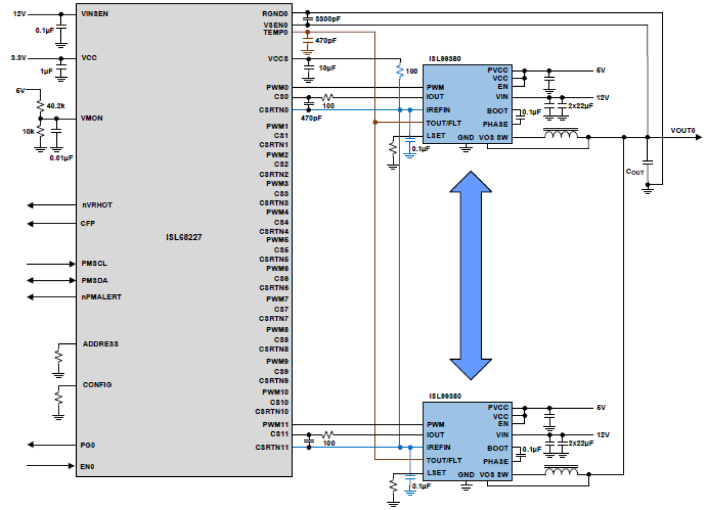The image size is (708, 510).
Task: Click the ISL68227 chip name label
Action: (x=180, y=238)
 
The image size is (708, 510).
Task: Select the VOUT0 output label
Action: (x=683, y=131)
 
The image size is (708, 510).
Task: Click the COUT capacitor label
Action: (x=635, y=171)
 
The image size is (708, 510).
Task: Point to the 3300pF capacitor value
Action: (x=328, y=19)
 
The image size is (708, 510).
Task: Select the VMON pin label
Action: (x=92, y=119)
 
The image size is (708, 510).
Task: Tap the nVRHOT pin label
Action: (x=97, y=205)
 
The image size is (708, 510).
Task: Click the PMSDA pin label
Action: (x=95, y=280)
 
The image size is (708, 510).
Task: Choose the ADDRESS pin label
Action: (x=100, y=344)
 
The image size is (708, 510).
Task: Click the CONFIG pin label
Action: (x=97, y=385)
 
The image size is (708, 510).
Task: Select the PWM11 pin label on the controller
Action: (x=275, y=424)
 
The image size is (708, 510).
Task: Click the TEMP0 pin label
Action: (x=275, y=33)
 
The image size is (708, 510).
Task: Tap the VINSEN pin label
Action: (x=95, y=14)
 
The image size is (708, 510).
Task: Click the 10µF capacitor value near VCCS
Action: (x=328, y=68)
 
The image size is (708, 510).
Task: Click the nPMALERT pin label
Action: (x=101, y=297)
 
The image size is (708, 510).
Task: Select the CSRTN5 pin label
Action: (x=273, y=259)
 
